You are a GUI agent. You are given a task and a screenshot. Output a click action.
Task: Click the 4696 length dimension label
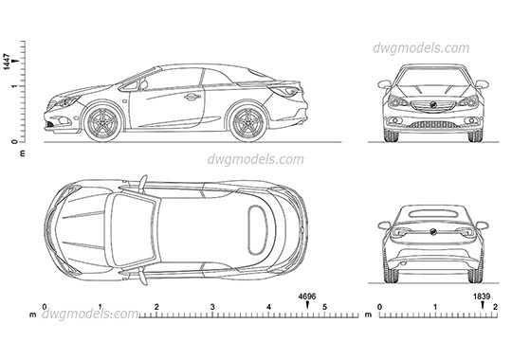click(305, 297)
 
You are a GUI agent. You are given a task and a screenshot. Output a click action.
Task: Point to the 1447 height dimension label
click(7, 63)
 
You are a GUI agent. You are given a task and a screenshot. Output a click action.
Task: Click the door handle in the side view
click(192, 96)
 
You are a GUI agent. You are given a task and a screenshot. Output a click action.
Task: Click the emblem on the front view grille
click(432, 103)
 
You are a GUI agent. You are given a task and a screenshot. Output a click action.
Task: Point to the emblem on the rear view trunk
click(432, 230)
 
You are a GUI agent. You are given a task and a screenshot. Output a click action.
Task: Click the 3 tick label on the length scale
click(212, 307)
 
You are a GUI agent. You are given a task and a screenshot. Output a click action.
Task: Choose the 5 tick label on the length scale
click(324, 307)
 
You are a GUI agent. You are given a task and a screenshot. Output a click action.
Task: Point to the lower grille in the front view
click(432, 124)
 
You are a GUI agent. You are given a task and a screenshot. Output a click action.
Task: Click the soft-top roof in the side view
click(199, 72)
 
